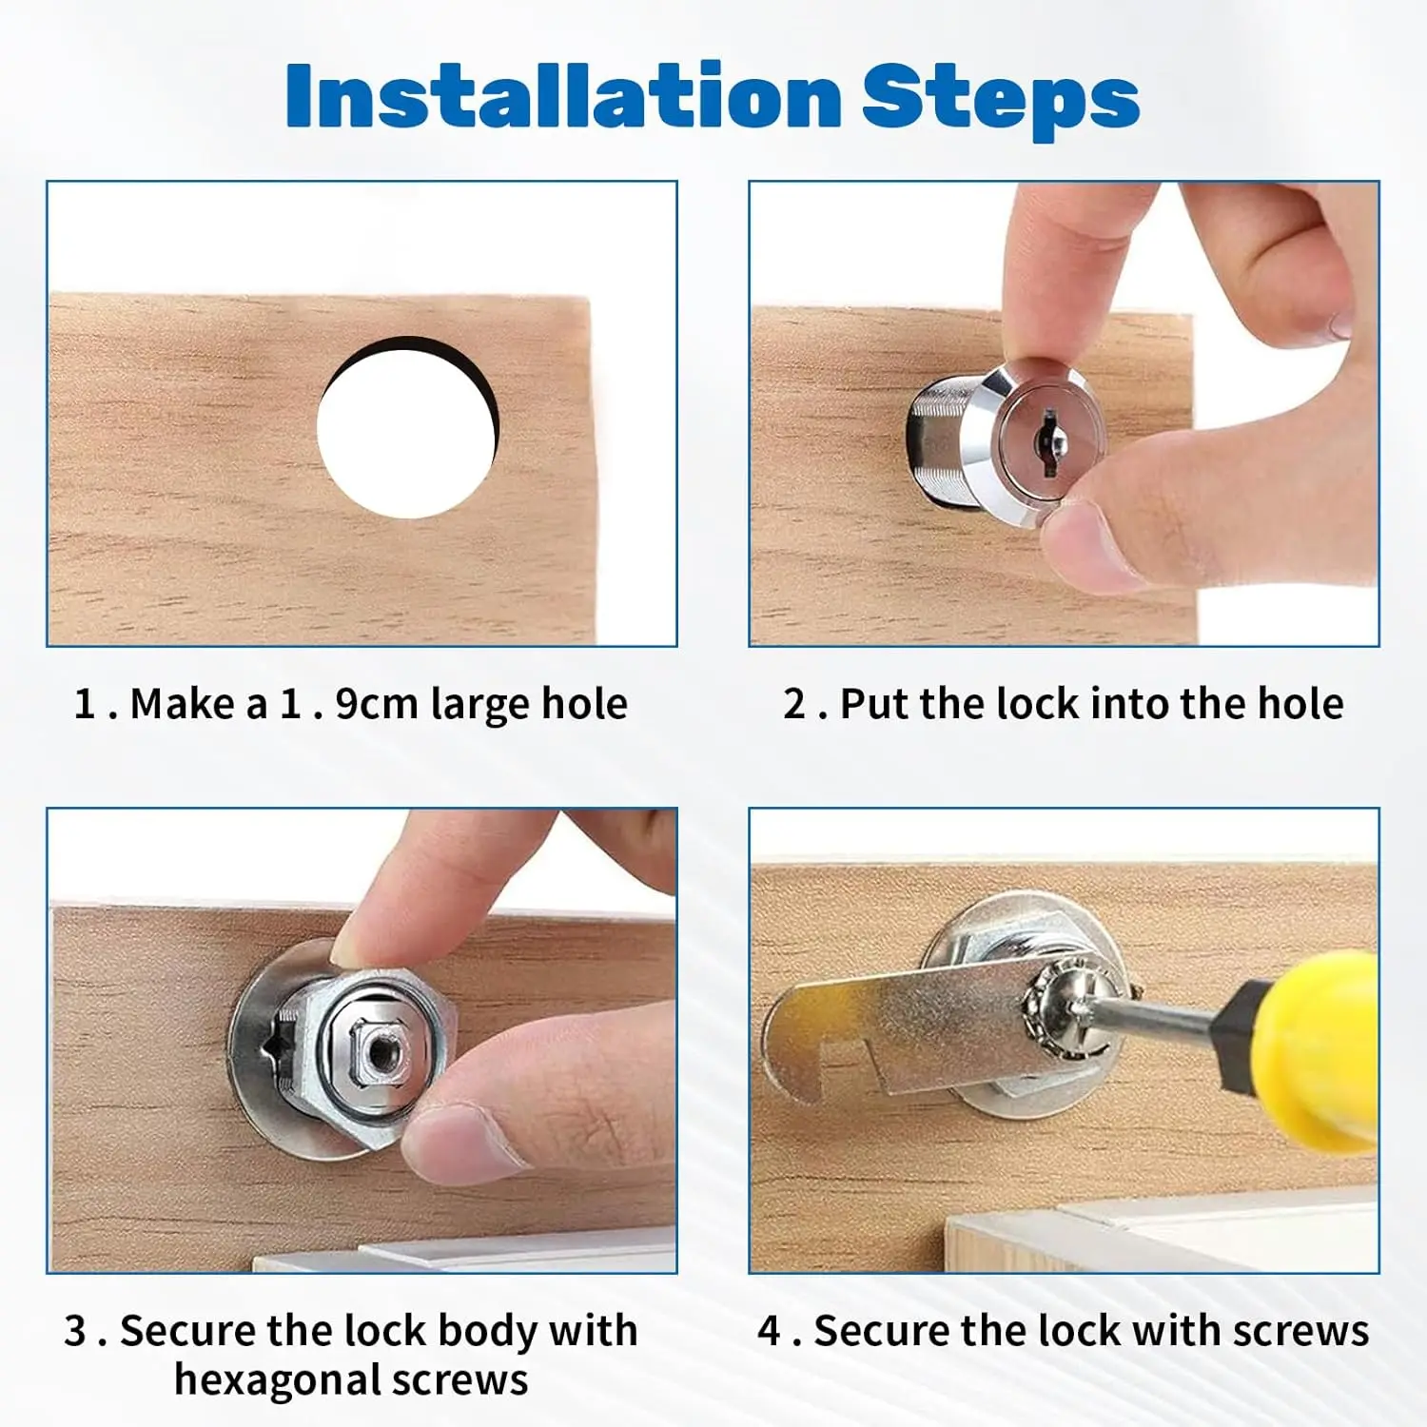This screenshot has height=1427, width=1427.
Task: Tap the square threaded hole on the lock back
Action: click(382, 1051)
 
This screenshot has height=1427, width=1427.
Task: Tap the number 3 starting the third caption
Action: click(76, 1331)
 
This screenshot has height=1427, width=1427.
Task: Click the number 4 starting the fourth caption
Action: click(769, 1331)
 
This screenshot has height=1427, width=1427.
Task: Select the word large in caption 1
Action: click(479, 705)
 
